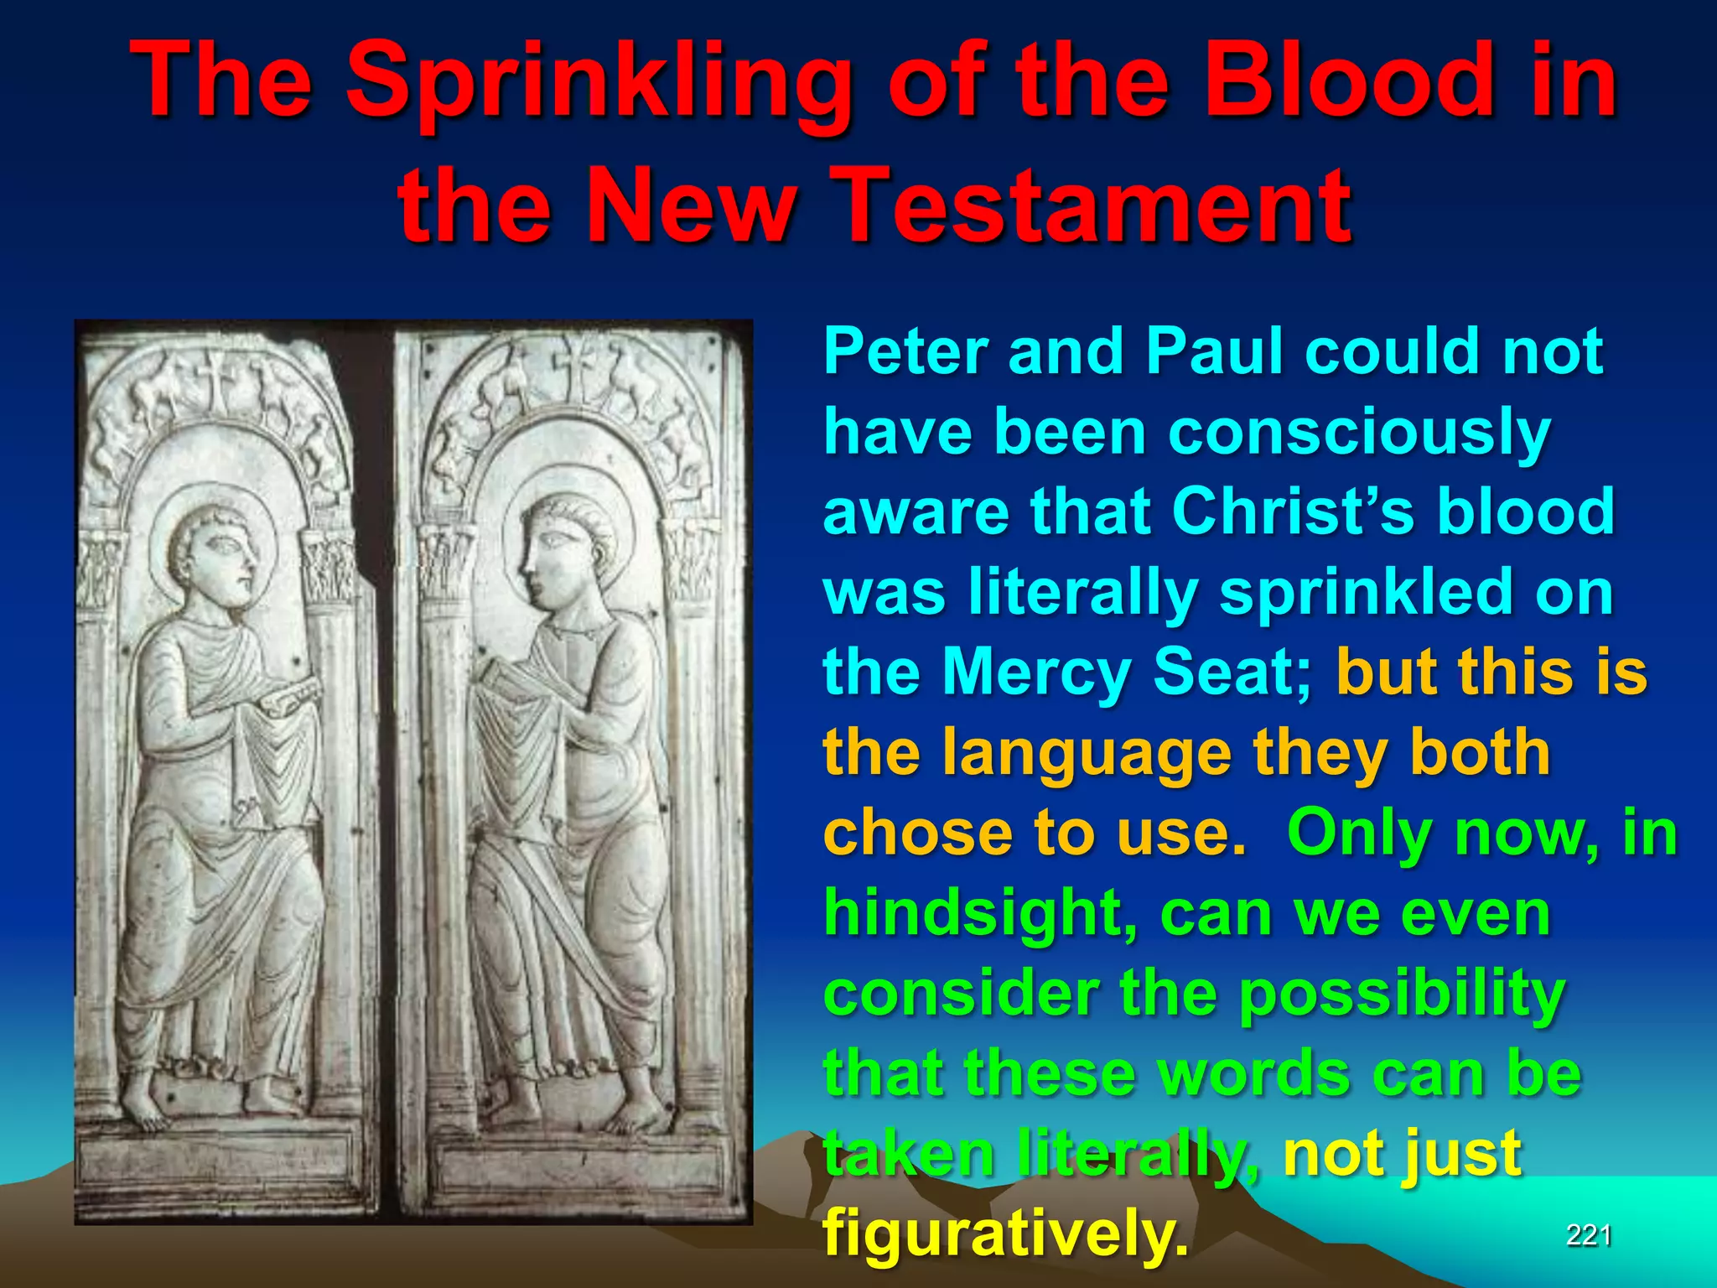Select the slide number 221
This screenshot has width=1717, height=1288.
point(1589,1235)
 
